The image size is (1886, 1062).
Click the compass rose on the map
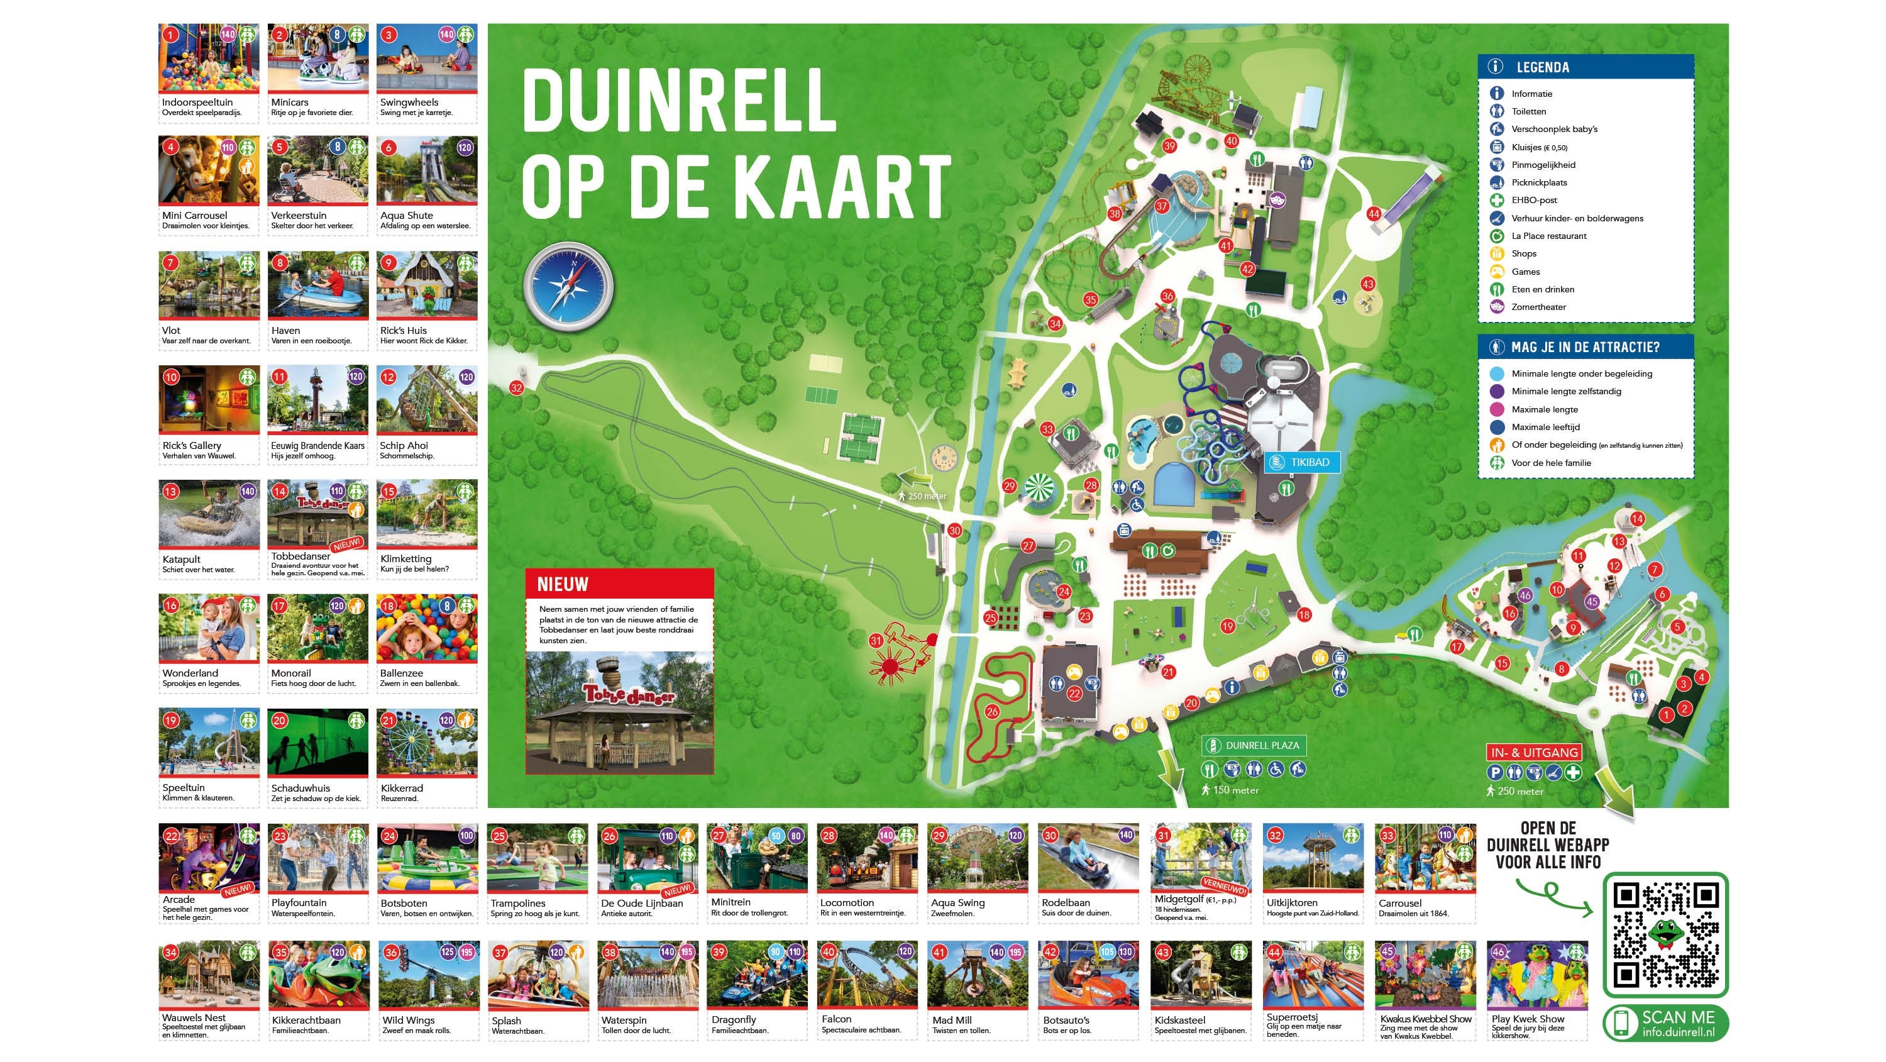pos(569,287)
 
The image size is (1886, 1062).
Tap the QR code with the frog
pos(1665,934)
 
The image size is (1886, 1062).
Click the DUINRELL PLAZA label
pos(1254,746)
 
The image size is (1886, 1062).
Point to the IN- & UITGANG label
pos(1534,752)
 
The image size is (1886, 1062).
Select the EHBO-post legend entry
pos(1534,200)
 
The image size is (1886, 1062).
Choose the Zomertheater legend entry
pos(1538,307)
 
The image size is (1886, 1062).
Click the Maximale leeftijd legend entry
pos(1545,427)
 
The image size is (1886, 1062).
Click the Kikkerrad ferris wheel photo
pos(427,742)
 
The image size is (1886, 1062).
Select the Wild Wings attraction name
pos(408,1021)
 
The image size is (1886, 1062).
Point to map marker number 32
pos(517,388)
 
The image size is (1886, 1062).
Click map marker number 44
pos(1374,214)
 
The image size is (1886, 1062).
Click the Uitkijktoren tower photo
pos(1313,857)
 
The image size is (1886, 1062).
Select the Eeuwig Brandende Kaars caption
pos(317,445)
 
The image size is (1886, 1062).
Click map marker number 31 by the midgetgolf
pos(876,641)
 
